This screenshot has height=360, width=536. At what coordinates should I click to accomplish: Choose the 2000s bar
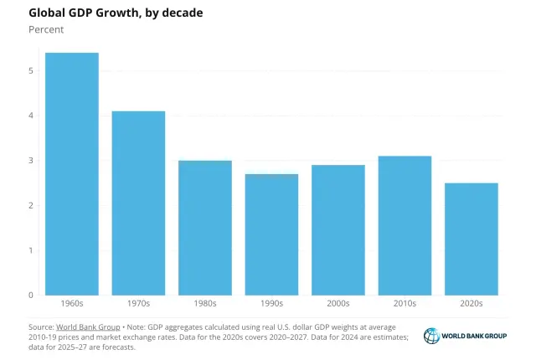coord(338,230)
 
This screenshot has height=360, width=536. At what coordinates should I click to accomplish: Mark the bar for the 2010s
coord(405,226)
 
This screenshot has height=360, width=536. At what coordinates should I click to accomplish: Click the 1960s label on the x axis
coord(71,304)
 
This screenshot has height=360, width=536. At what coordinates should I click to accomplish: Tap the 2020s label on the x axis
coord(472,304)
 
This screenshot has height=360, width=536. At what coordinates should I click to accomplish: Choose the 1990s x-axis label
coord(271,304)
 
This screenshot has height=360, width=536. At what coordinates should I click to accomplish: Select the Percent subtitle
coord(46,29)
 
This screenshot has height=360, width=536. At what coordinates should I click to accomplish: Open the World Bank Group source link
coord(87,326)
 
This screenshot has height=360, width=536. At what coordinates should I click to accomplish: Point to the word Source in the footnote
coord(41,326)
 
